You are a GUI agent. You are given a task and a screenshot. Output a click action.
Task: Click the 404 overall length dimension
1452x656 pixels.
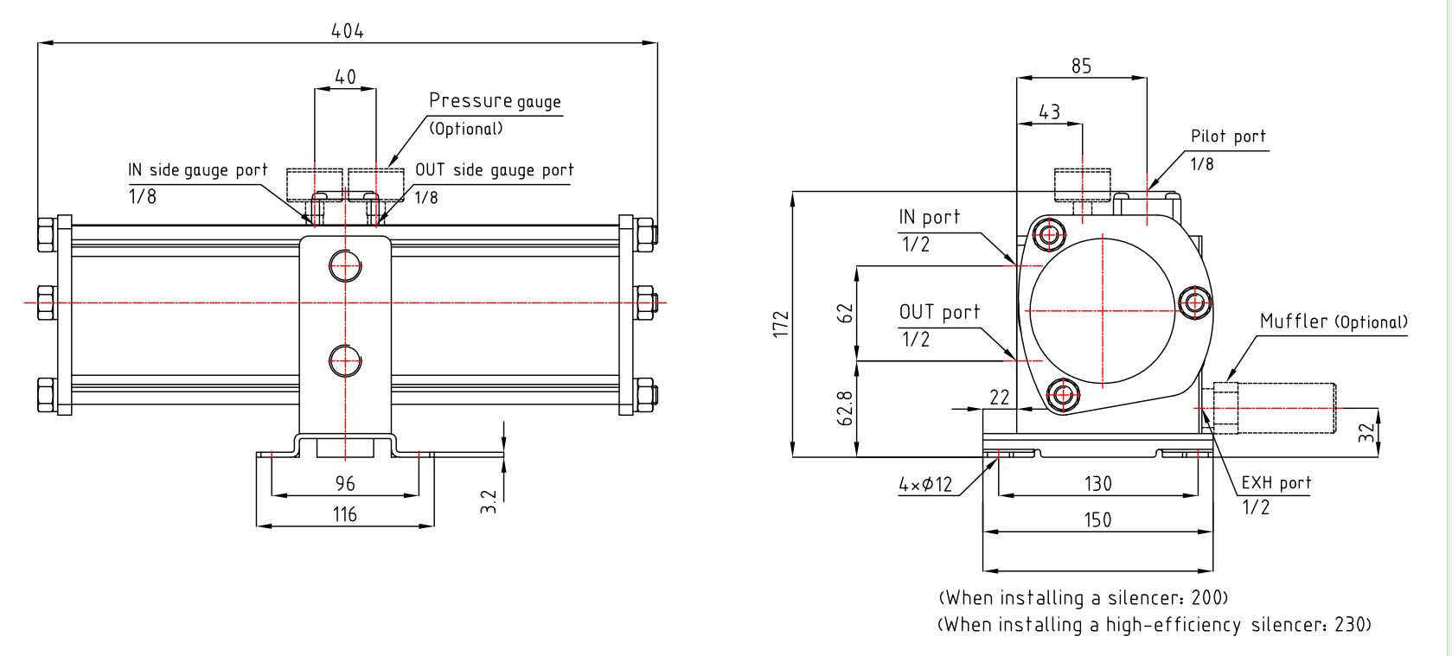pyautogui.click(x=347, y=31)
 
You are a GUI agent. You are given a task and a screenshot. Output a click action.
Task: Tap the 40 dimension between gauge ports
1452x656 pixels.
pyautogui.click(x=345, y=77)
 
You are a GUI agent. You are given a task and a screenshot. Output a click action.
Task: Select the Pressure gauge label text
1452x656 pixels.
pyautogui.click(x=495, y=101)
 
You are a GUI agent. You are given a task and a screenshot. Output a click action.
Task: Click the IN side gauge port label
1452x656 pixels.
pyautogui.click(x=198, y=170)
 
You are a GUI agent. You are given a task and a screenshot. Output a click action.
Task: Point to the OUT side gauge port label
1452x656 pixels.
pyautogui.click(x=494, y=170)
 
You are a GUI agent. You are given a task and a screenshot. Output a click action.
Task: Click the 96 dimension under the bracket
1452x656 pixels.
pyautogui.click(x=345, y=484)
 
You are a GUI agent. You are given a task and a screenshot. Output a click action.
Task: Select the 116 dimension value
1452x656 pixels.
pyautogui.click(x=345, y=515)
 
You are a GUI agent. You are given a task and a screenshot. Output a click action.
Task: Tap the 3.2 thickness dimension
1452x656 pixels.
pyautogui.click(x=489, y=501)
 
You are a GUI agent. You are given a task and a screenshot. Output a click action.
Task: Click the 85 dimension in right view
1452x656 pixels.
pyautogui.click(x=1081, y=67)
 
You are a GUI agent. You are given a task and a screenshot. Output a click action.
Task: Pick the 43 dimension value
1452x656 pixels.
pyautogui.click(x=1049, y=112)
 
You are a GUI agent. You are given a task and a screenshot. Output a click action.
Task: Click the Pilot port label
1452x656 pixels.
pyautogui.click(x=1228, y=137)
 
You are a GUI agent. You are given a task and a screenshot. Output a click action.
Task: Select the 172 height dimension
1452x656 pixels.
pyautogui.click(x=782, y=324)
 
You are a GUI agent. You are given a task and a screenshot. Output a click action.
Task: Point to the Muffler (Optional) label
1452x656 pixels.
pyautogui.click(x=1333, y=322)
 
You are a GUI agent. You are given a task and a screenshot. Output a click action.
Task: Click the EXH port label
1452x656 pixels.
pyautogui.click(x=1276, y=483)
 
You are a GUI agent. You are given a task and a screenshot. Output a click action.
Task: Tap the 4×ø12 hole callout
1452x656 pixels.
pyautogui.click(x=924, y=485)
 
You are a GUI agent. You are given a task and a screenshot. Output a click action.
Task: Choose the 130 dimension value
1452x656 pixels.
pyautogui.click(x=1097, y=484)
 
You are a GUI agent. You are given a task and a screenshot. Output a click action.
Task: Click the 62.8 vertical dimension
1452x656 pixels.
pyautogui.click(x=846, y=408)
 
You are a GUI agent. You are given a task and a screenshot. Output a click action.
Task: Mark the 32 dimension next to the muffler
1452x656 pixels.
pyautogui.click(x=1366, y=432)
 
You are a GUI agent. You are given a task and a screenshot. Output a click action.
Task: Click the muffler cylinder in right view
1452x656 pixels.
pyautogui.click(x=1286, y=408)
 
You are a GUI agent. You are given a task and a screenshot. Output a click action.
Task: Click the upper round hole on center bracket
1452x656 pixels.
pyautogui.click(x=345, y=266)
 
